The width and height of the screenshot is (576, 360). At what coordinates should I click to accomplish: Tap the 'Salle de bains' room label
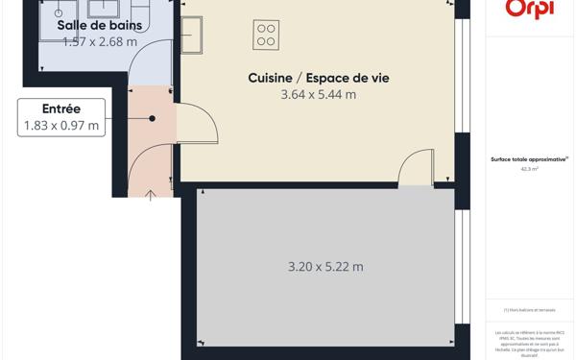tap(99, 25)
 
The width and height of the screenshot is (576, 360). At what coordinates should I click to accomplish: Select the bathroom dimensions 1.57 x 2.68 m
tap(99, 41)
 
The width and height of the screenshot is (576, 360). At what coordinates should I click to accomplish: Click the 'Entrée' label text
tap(60, 108)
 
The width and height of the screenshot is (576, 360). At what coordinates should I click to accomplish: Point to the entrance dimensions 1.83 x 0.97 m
tap(60, 125)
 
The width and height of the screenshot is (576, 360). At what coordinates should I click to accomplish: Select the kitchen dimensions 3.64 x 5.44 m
tap(318, 94)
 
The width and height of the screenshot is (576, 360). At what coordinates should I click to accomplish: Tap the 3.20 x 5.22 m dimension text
tap(325, 267)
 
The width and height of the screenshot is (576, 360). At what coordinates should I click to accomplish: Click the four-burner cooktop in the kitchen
tap(266, 36)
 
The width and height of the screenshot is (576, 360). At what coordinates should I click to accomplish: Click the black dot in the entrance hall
tap(152, 118)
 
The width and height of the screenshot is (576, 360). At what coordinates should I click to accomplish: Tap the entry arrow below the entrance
tap(151, 196)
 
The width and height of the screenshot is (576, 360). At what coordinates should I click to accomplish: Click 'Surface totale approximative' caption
tap(529, 159)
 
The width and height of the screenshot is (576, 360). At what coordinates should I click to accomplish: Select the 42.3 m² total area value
tap(529, 168)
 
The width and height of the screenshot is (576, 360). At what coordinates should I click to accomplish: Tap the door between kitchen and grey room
tap(416, 167)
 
